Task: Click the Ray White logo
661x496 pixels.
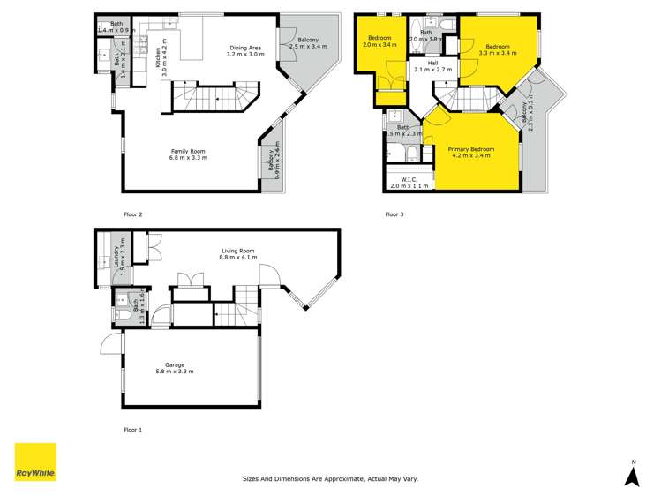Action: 35,463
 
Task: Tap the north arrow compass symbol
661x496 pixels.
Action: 632,476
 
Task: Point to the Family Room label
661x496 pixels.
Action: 189,151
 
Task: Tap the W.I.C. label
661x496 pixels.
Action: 409,180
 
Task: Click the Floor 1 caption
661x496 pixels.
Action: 132,430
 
